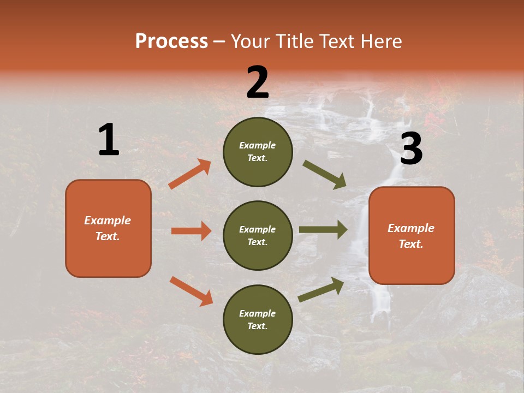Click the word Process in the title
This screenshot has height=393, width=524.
pos(171,41)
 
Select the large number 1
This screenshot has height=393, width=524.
pos(109,140)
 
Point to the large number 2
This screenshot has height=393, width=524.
pos(258,82)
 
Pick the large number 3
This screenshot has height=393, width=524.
pos(411,149)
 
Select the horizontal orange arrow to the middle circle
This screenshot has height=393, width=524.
pos(191,231)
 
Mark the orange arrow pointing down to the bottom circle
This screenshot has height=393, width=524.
pos(191,291)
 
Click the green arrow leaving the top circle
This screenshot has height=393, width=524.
pos(325,175)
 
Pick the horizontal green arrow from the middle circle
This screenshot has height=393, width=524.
pos(323,230)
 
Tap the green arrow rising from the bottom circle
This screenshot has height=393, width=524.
pos(321,289)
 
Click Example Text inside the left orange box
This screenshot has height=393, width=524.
pos(108,228)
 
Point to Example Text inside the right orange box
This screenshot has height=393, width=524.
pos(411,236)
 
